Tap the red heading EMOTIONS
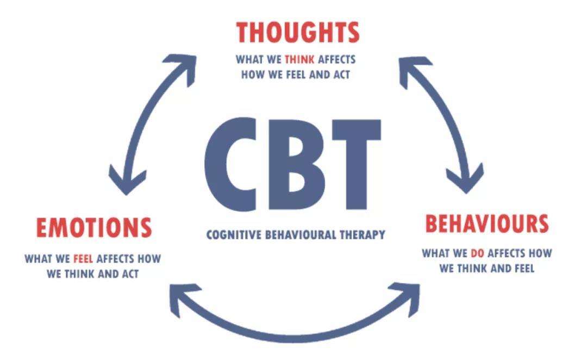click(94, 228)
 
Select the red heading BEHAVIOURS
click(487, 224)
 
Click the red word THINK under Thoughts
click(299, 60)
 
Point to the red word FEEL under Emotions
click(83, 259)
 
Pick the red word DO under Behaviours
click(477, 253)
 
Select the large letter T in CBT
click(357, 164)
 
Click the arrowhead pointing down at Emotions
click(127, 181)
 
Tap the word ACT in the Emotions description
click(130, 274)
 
